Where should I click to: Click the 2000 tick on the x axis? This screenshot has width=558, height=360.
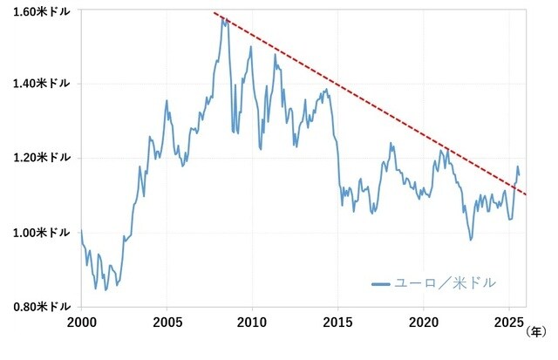[80, 322]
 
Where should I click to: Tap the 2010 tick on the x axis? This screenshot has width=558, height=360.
[252, 322]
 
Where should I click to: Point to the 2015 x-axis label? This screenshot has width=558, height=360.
[337, 322]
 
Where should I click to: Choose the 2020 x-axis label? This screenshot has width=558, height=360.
[423, 322]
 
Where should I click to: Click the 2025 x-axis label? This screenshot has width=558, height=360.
[509, 322]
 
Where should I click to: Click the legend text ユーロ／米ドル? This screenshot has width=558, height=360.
[446, 283]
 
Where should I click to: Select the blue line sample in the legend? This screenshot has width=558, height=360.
[382, 284]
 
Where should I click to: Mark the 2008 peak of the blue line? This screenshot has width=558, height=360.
[223, 17]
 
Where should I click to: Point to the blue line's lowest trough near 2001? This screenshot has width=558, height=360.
[105, 290]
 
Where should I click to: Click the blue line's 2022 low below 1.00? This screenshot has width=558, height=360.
[471, 240]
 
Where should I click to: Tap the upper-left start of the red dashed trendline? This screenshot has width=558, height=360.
[214, 13]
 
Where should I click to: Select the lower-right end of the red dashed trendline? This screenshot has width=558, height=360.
[526, 195]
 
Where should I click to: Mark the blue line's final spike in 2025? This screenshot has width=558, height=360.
[517, 166]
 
